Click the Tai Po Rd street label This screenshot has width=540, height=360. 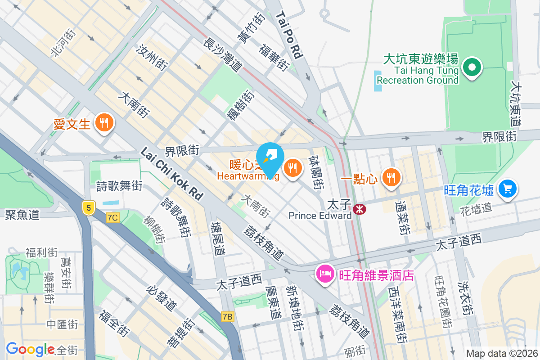pyautogui.click(x=289, y=36)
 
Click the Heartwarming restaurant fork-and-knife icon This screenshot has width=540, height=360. pyautogui.click(x=293, y=169)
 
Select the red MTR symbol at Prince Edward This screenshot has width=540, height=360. pyautogui.click(x=359, y=209)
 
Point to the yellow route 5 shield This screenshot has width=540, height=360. pyautogui.click(x=89, y=208)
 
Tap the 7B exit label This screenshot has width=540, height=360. pyautogui.click(x=228, y=317)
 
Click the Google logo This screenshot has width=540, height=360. pyautogui.click(x=30, y=349)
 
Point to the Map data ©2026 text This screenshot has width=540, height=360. pyautogui.click(x=501, y=354)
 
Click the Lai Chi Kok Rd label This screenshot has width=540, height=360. pyautogui.click(x=172, y=173)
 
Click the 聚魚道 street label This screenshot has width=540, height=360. pyautogui.click(x=22, y=214)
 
